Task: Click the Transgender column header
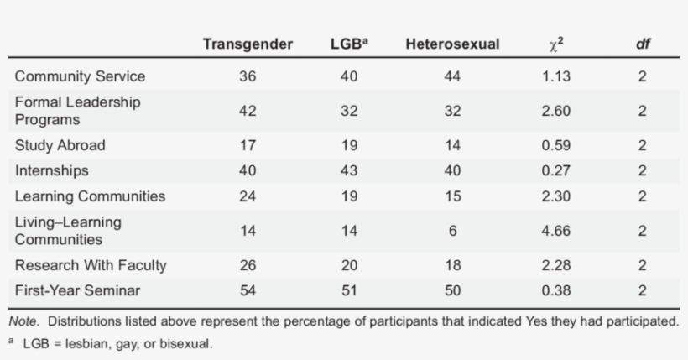click(x=248, y=44)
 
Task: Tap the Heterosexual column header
click(x=452, y=44)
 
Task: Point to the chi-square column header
click(x=556, y=44)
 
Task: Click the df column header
click(x=642, y=44)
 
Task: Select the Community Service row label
click(x=80, y=76)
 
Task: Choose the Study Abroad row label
click(x=60, y=145)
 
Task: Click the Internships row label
click(x=52, y=170)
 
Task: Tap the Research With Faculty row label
click(x=91, y=265)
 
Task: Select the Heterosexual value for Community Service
click(x=452, y=76)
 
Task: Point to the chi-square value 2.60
click(x=556, y=111)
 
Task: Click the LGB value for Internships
click(x=349, y=170)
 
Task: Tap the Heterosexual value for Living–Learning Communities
click(x=452, y=231)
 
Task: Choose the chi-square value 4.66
click(x=556, y=231)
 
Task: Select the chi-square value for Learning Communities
click(x=556, y=196)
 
